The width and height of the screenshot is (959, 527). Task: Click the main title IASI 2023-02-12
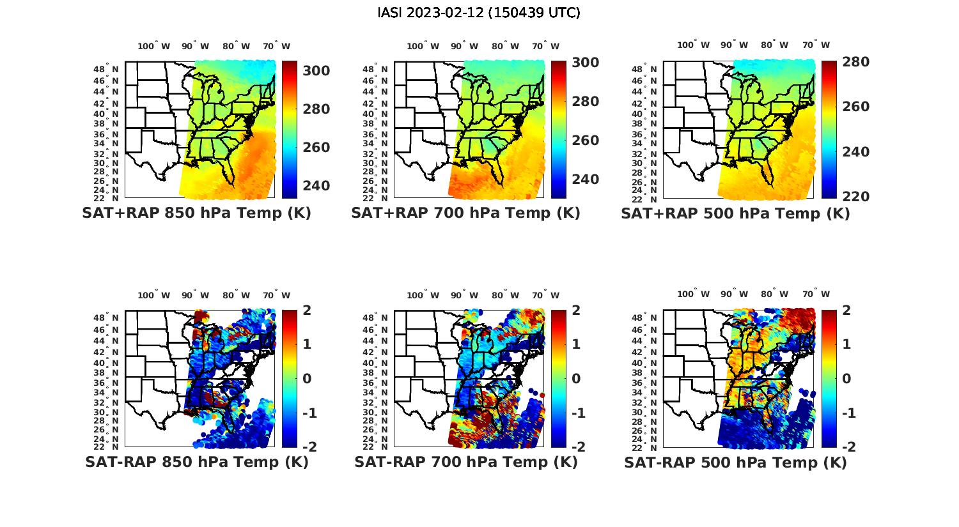point(479,12)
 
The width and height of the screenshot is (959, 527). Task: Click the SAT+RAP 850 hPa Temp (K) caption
point(196,213)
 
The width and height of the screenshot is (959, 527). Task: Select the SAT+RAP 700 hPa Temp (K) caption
point(465,213)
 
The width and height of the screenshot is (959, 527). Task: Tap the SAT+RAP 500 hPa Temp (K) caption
point(735,213)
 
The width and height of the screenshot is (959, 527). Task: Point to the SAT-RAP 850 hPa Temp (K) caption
point(196,462)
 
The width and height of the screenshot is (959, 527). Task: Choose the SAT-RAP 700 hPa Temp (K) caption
point(465,462)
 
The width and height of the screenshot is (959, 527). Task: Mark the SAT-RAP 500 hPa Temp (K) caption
point(735,462)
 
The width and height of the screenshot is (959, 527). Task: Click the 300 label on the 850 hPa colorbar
point(316,70)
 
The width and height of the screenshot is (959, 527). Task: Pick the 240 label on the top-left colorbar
point(316,185)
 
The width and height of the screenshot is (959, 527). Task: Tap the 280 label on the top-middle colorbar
point(586,101)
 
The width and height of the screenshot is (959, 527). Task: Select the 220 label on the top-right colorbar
point(855,196)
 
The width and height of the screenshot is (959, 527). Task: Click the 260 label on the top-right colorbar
point(855,106)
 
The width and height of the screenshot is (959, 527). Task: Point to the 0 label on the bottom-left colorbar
point(307,378)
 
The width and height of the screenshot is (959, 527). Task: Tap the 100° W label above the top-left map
point(154,46)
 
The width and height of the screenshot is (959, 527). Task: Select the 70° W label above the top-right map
point(816,45)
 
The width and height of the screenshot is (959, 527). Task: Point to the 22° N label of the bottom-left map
point(105,446)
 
